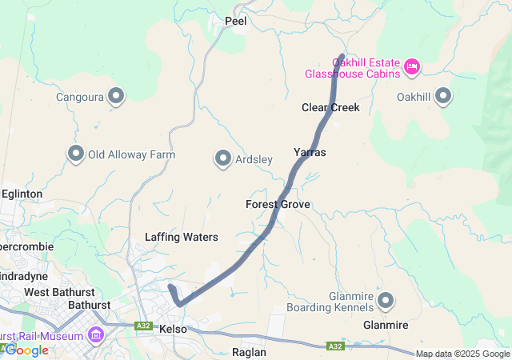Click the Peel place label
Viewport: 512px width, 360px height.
click(x=236, y=21)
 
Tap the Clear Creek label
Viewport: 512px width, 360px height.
click(x=330, y=107)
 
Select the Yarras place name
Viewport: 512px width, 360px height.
click(x=310, y=152)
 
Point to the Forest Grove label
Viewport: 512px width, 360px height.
click(x=278, y=205)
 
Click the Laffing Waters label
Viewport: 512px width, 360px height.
click(x=182, y=237)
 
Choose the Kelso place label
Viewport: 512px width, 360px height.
click(x=173, y=330)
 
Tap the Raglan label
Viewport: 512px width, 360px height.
click(x=248, y=352)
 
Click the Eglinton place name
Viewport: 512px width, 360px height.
click(x=22, y=194)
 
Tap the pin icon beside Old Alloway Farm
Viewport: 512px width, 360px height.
click(x=77, y=153)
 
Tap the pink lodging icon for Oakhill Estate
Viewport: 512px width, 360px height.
click(x=412, y=66)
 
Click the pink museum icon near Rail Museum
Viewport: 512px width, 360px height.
click(x=97, y=333)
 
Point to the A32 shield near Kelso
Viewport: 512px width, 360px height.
click(x=144, y=326)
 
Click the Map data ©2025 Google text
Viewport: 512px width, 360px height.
click(x=462, y=354)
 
